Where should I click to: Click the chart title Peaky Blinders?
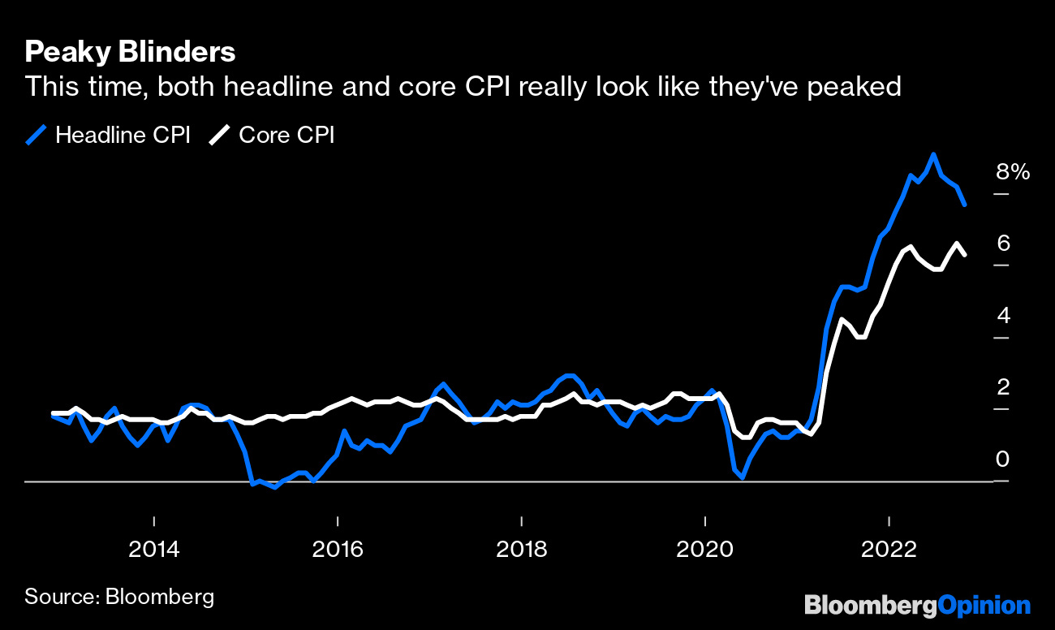[x=130, y=53]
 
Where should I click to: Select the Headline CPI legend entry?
[x=108, y=135]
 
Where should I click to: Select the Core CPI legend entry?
[x=272, y=135]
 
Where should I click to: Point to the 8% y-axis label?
[x=1013, y=172]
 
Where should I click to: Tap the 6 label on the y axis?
[x=1003, y=243]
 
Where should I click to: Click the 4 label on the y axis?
[x=1003, y=315]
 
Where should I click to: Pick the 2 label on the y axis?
[x=1003, y=386]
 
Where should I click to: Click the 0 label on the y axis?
[x=1003, y=459]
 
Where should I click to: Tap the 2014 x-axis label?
[x=153, y=550]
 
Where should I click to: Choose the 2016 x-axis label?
[x=338, y=550]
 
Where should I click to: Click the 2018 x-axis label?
[x=521, y=550]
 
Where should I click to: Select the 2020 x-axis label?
[x=705, y=550]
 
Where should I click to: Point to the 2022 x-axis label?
[x=889, y=550]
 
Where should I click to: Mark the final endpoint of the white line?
[x=964, y=255]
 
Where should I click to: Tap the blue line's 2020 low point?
[x=742, y=478]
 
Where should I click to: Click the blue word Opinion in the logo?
[x=984, y=605]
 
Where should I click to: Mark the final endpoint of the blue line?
[x=964, y=205]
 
